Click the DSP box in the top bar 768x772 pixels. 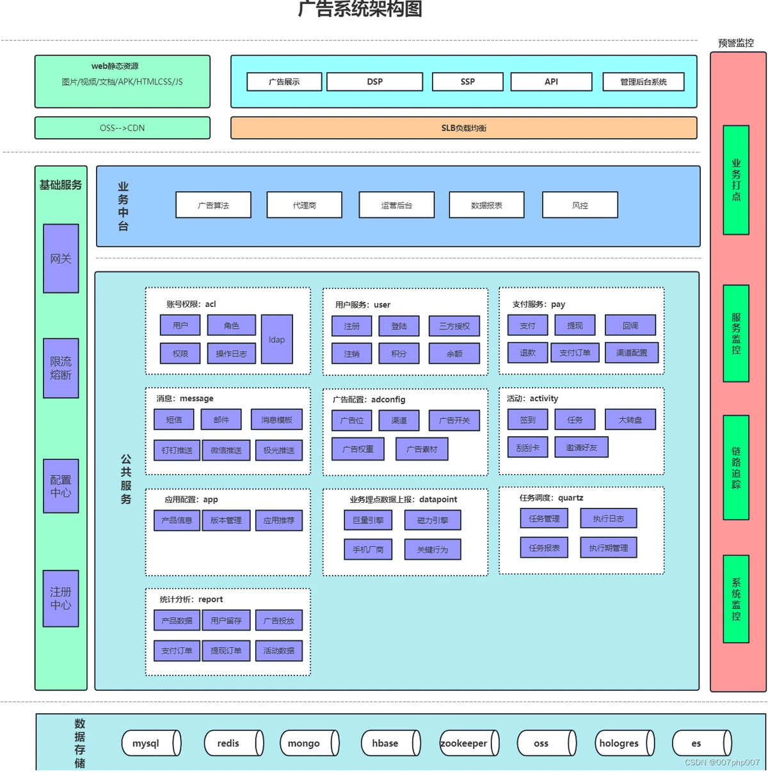[x=374, y=82]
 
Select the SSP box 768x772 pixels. [x=467, y=82]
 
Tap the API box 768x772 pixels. [x=551, y=82]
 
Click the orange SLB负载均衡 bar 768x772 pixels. [x=463, y=128]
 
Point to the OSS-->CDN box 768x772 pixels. [x=122, y=128]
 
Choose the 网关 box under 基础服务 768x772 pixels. [x=61, y=258]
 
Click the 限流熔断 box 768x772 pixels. [x=61, y=368]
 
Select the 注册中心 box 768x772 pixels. [x=61, y=599]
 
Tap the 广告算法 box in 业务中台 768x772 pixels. [x=213, y=205]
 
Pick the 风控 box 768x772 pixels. [x=580, y=205]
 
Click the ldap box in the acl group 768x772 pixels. [x=276, y=340]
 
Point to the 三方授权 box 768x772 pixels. [x=454, y=326]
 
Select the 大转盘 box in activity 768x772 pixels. [x=630, y=420]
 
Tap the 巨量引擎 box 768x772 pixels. [x=368, y=521]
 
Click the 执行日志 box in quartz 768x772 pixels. [x=608, y=519]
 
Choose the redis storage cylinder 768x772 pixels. [x=234, y=743]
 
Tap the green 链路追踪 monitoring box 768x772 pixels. [x=736, y=468]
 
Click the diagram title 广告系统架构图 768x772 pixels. [x=360, y=9]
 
